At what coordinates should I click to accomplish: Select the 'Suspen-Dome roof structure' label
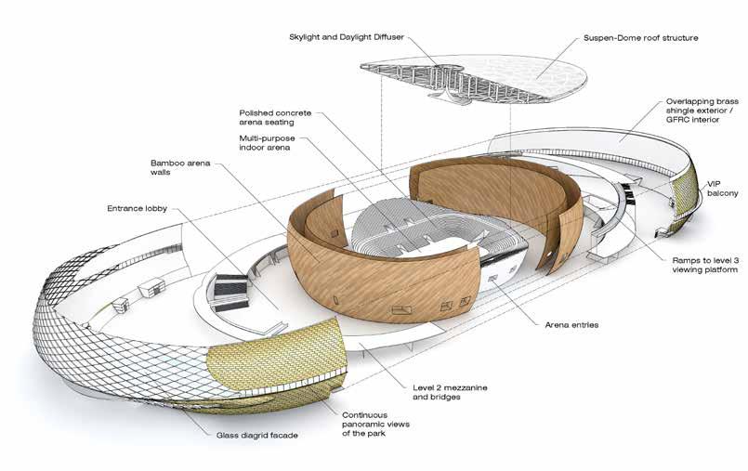click(641, 38)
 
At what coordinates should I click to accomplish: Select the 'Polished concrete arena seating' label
click(275, 117)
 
